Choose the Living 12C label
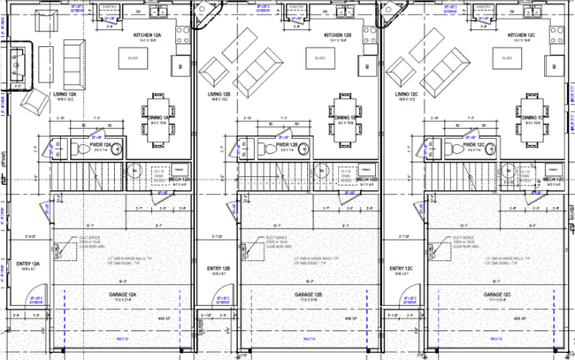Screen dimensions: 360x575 [x=408, y=93]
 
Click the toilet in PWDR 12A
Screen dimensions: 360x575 [x=75, y=147]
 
